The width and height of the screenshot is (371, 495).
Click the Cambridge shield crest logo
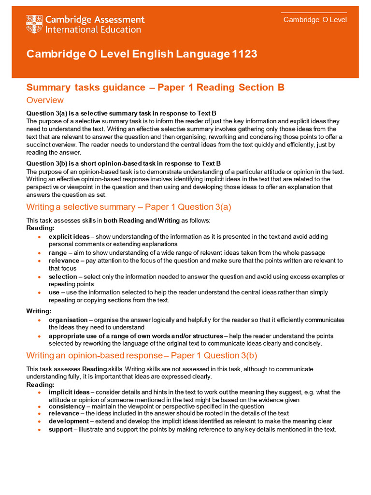(34, 24)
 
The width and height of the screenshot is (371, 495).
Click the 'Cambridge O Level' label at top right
(314, 20)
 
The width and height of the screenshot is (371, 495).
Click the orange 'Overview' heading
(45, 100)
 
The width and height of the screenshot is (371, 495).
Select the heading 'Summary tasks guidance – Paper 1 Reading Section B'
(155, 87)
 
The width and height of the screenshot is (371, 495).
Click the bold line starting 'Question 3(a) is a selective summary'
(121, 113)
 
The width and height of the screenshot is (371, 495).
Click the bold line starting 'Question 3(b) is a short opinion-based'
(123, 163)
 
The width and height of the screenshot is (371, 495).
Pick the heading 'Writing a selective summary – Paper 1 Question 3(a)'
(128, 207)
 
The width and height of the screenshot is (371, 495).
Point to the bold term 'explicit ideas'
(69, 236)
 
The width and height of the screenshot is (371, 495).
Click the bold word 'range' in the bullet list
(57, 252)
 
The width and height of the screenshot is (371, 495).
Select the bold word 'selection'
(63, 277)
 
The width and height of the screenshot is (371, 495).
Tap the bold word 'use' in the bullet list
(54, 292)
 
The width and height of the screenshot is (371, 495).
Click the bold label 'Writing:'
(39, 311)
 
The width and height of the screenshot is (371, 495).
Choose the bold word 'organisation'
(68, 320)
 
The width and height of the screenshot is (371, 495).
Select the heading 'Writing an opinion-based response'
(94, 356)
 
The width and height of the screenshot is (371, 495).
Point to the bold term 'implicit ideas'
(69, 392)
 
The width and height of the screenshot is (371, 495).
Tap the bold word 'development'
(69, 421)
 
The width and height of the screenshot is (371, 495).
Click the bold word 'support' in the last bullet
(60, 429)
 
